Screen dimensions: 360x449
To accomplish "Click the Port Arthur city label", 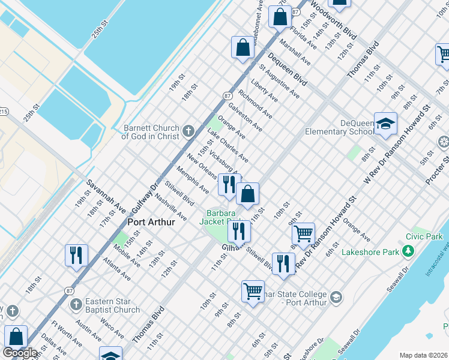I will tap(151, 222).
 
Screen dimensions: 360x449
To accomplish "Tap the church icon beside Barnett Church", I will tap(188, 131).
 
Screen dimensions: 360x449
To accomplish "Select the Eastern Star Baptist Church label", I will tap(112, 305).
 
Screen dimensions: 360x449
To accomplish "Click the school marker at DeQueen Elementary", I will tap(385, 124).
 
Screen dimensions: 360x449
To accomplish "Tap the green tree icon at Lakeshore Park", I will tap(408, 251).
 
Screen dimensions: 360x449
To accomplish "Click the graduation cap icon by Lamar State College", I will tap(336, 297).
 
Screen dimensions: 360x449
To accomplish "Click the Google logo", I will tap(20, 353).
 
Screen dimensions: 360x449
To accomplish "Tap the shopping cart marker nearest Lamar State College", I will tap(253, 292).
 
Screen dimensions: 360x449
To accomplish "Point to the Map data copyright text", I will tap(424, 355).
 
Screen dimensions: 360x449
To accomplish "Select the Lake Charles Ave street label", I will tap(228, 146).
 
